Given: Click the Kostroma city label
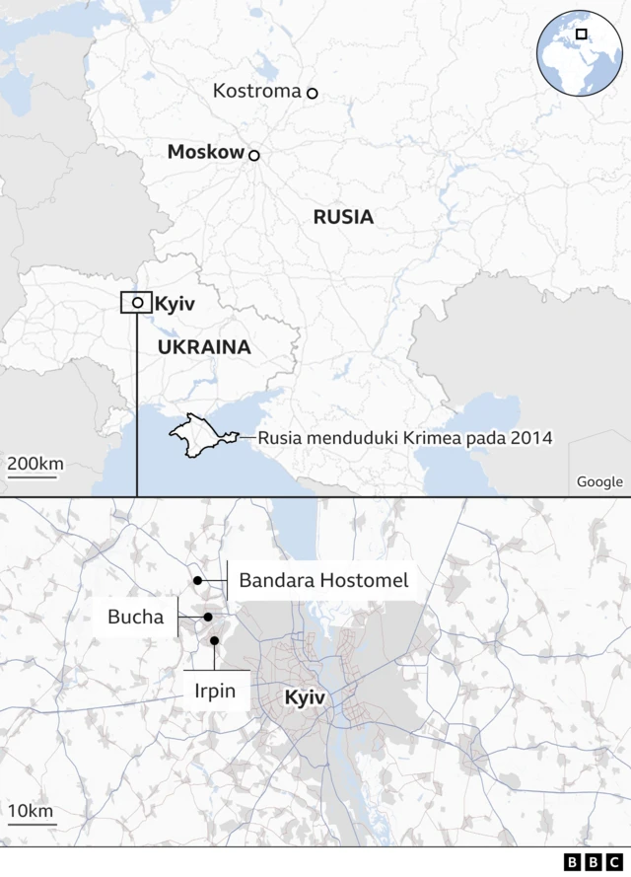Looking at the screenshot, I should click(x=256, y=92).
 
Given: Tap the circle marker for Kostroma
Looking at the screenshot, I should click(x=313, y=93).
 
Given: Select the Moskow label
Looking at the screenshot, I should click(x=205, y=152).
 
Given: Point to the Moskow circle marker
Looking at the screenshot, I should click(x=254, y=155).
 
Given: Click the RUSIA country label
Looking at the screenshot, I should click(x=343, y=217).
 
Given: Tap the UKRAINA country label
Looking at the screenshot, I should click(x=204, y=347).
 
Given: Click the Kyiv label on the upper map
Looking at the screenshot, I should click(x=175, y=304).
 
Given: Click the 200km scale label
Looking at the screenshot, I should click(x=35, y=464).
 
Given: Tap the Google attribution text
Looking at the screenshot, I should click(x=599, y=481).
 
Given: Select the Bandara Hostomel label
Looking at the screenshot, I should click(x=323, y=581).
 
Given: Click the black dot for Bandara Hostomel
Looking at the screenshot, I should click(x=197, y=581).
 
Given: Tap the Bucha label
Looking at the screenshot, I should click(x=135, y=618).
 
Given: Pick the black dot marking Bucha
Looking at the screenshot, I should click(x=208, y=618).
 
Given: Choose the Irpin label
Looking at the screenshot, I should click(x=214, y=691).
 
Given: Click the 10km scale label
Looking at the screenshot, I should click(x=32, y=811).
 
